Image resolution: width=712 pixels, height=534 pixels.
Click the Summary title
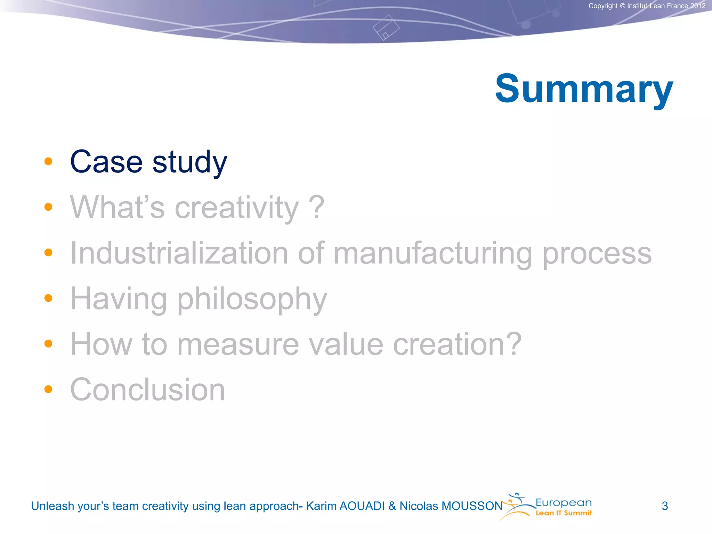pyautogui.click(x=584, y=89)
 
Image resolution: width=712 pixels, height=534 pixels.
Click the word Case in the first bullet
pyautogui.click(x=106, y=162)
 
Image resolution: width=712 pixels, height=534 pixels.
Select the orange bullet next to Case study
pyautogui.click(x=48, y=161)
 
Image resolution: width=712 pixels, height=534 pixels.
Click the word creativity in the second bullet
pyautogui.click(x=236, y=208)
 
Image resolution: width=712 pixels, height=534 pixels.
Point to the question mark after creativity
pyautogui.click(x=317, y=207)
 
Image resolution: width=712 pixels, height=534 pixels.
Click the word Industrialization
pyautogui.click(x=179, y=253)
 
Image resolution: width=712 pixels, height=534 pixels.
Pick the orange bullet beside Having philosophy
pyautogui.click(x=48, y=298)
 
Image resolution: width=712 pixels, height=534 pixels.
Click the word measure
pyautogui.click(x=238, y=344)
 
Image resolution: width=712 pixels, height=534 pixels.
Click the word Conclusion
pyautogui.click(x=148, y=390)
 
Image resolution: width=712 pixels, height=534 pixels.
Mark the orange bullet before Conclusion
pyautogui.click(x=48, y=389)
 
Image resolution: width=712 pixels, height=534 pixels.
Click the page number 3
pyautogui.click(x=665, y=506)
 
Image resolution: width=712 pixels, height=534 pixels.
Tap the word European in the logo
pyautogui.click(x=564, y=503)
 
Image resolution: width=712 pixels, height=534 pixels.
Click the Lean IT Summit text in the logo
pyautogui.click(x=564, y=513)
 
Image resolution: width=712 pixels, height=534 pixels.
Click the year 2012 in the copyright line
pyautogui.click(x=698, y=6)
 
